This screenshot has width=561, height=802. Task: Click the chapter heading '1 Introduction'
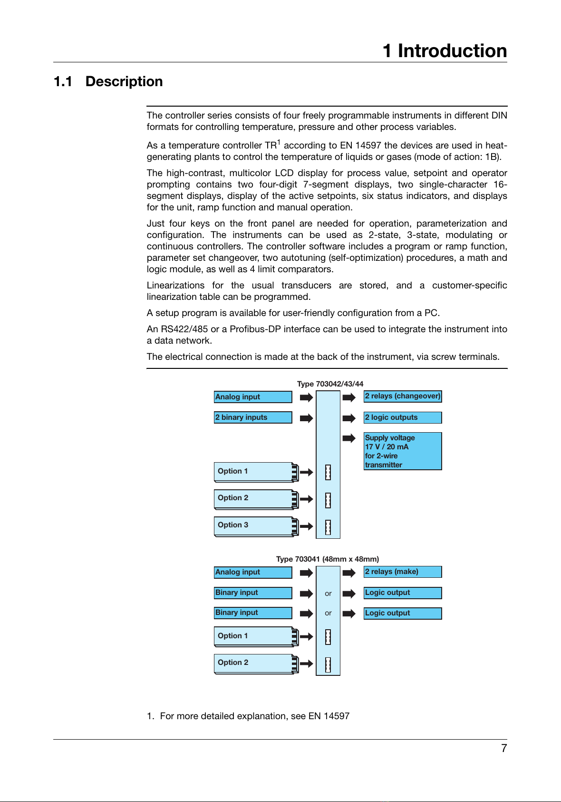[445, 51]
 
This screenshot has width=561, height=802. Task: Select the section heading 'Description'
[124, 81]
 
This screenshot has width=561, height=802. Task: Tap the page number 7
[504, 748]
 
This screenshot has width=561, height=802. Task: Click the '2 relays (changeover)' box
[403, 396]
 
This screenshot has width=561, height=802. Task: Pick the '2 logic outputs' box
[403, 417]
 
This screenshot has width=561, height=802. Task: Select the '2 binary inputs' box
[253, 417]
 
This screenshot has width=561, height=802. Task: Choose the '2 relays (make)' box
[403, 572]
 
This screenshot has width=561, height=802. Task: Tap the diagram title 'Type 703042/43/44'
[330, 384]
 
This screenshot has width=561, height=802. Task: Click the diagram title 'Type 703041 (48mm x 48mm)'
[328, 559]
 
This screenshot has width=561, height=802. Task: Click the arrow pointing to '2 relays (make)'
[349, 573]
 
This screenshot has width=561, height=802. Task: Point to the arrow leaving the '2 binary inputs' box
[306, 418]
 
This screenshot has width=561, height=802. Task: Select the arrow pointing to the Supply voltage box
[349, 438]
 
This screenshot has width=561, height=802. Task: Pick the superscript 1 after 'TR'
[279, 142]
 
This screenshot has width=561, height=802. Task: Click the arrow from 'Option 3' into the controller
[307, 526]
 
